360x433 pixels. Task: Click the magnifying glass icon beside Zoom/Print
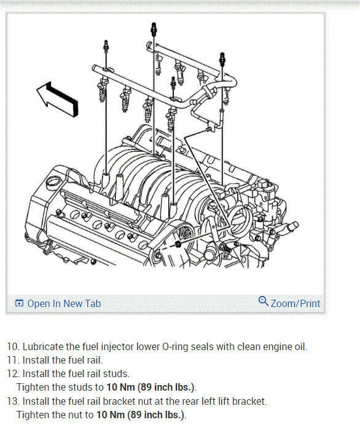(264, 302)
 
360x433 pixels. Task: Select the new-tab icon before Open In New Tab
(19, 303)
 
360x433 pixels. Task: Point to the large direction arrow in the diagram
(58, 98)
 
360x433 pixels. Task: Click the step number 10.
(13, 347)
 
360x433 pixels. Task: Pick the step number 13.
(13, 401)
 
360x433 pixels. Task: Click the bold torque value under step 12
(151, 388)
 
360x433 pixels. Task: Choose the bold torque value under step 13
(140, 415)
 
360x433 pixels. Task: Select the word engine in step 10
(278, 348)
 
